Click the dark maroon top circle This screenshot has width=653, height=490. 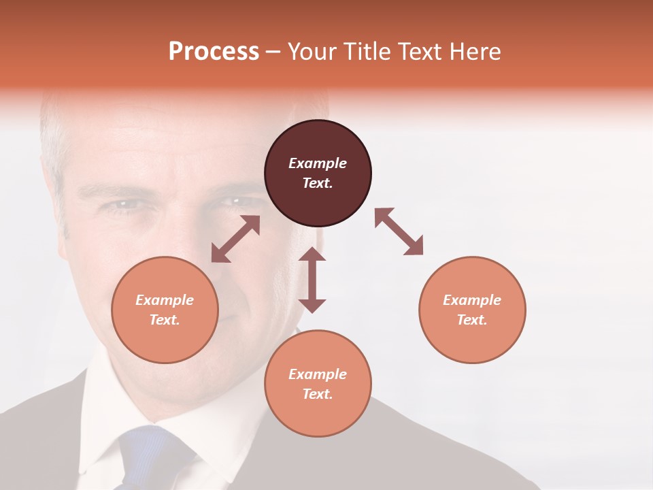click(x=318, y=174)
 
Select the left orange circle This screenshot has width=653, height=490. click(x=165, y=310)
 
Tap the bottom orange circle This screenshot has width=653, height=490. click(x=318, y=384)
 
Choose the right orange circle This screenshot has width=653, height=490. click(x=472, y=310)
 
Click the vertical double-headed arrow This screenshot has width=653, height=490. click(x=312, y=280)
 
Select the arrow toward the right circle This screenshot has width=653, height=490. click(x=399, y=231)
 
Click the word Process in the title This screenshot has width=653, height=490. click(x=214, y=51)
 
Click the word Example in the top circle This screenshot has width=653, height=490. click(x=318, y=163)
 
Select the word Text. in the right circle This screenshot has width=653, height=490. click(x=472, y=320)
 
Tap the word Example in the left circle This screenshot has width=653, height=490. click(x=165, y=300)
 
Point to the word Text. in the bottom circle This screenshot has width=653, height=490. click(x=318, y=394)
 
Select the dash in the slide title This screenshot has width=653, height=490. click(x=273, y=52)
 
